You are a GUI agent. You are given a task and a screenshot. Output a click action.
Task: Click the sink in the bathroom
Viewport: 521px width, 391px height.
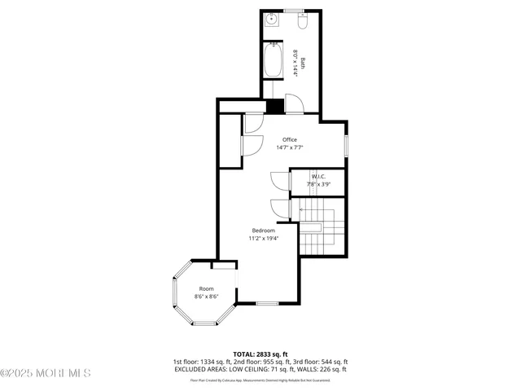coord(271,20)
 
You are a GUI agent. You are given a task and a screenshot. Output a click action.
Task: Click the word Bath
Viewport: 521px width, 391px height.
coord(303,62)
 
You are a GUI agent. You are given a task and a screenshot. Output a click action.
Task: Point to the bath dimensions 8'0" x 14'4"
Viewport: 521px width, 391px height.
coord(295,62)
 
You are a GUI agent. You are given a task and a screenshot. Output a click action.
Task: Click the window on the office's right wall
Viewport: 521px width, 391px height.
coord(345,146)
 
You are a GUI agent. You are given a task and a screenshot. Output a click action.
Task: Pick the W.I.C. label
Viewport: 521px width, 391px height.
coord(318,176)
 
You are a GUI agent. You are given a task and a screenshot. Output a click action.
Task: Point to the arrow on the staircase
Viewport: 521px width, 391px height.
coord(305,209)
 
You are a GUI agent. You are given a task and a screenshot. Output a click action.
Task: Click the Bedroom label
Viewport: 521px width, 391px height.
coord(263,231)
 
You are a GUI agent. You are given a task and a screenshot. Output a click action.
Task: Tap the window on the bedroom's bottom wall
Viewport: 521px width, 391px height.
coord(267,304)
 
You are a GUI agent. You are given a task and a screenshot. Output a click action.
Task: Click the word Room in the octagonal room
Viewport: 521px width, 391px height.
coord(206,288)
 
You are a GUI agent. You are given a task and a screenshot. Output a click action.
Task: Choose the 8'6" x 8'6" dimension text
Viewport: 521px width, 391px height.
coord(206,297)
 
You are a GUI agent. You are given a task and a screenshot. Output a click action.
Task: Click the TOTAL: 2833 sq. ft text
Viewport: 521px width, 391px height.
coord(260,354)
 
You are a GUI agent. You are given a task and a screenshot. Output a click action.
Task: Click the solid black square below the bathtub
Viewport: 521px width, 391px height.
coord(275,106)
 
